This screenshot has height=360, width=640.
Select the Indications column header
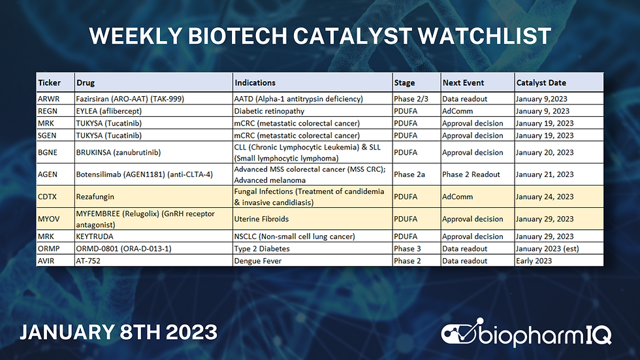tap(255, 83)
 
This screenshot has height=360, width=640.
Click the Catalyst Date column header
tap(541, 83)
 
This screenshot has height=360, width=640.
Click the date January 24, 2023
tap(545, 197)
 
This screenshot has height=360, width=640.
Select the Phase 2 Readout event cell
tap(472, 174)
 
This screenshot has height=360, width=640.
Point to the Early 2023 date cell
tap(534, 261)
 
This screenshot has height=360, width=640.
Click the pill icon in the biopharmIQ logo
tap(459, 333)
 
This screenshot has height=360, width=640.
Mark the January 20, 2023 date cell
tap(545, 152)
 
